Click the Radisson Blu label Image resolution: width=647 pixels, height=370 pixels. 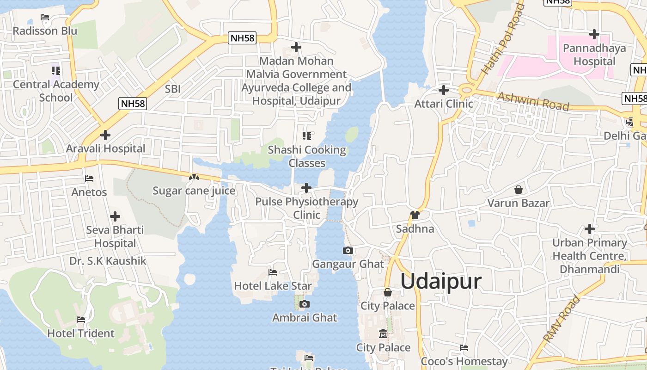pyautogui.click(x=45, y=31)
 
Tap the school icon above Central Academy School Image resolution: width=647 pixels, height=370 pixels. pyautogui.click(x=55, y=71)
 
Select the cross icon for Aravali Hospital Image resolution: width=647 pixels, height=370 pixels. pyautogui.click(x=105, y=135)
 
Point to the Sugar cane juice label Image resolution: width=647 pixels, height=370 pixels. pyautogui.click(x=194, y=191)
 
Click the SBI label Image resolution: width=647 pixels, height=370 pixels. pyautogui.click(x=172, y=89)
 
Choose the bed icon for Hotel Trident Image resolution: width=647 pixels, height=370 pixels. pyautogui.click(x=81, y=320)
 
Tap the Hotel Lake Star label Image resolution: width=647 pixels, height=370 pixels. pyautogui.click(x=273, y=286)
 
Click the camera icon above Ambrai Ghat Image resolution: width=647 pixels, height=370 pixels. pyautogui.click(x=304, y=304)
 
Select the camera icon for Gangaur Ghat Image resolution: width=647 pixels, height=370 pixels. pyautogui.click(x=348, y=251)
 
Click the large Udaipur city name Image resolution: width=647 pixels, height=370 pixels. pyautogui.click(x=441, y=281)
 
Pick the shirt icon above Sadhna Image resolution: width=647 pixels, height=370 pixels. pyautogui.click(x=415, y=215)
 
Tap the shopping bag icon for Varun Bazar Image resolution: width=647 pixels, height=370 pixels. pyautogui.click(x=519, y=190)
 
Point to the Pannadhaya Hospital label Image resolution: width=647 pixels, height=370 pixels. pyautogui.click(x=594, y=55)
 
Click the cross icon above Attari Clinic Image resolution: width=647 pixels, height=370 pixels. pyautogui.click(x=444, y=90)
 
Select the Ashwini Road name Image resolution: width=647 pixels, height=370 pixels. pyautogui.click(x=533, y=101)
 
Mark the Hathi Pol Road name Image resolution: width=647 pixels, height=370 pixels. pyautogui.click(x=503, y=39)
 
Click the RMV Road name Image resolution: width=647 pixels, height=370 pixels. pyautogui.click(x=562, y=320)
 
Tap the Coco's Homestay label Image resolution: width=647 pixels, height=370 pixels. pyautogui.click(x=464, y=361)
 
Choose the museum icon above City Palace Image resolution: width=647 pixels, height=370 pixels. pyautogui.click(x=383, y=333)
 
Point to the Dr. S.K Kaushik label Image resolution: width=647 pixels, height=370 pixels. pyautogui.click(x=108, y=261)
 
